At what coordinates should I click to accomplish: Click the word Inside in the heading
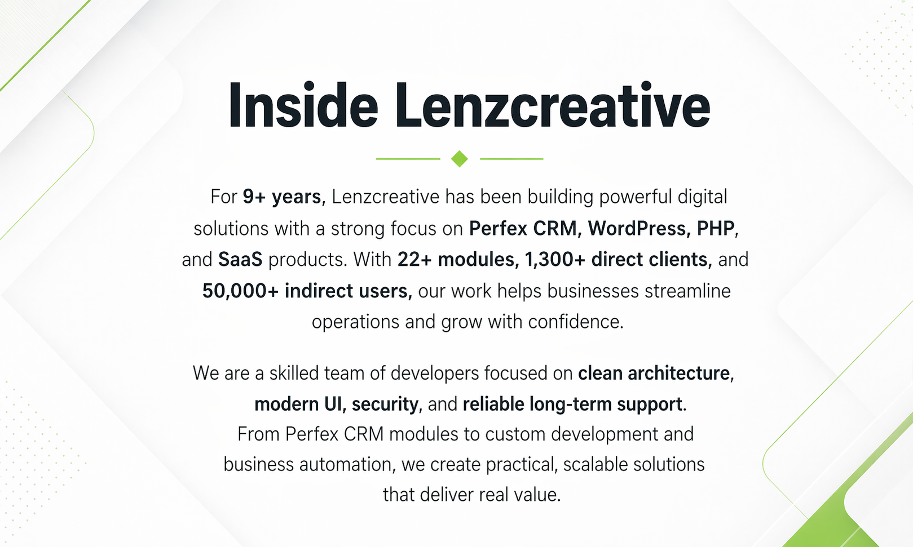[303, 105]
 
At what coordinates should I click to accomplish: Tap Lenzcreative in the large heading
[553, 105]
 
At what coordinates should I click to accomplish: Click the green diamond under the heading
[460, 159]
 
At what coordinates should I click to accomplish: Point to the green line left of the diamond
[408, 159]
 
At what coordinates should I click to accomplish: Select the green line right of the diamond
[511, 159]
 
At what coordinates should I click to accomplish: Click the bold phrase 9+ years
[282, 197]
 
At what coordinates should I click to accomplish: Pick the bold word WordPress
[636, 228]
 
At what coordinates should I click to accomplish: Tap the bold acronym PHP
[715, 228]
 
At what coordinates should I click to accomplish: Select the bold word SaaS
[240, 260]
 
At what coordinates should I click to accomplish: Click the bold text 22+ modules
[456, 260]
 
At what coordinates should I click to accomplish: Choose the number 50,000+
[240, 291]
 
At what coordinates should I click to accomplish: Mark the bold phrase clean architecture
[654, 373]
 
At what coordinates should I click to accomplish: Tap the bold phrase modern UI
[298, 404]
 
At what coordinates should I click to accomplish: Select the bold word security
[385, 404]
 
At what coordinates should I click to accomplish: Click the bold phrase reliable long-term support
[572, 404]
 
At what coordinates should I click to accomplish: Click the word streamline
[687, 291]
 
